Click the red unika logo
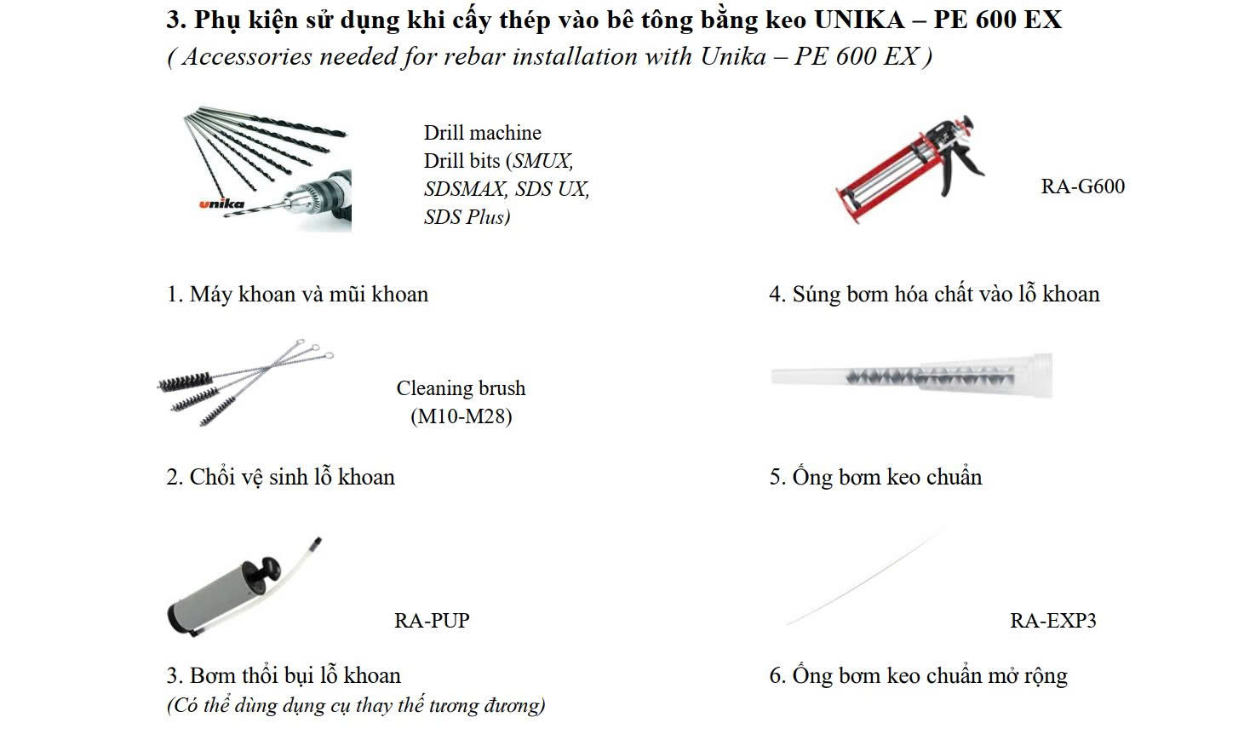pyautogui.click(x=221, y=204)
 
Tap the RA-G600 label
pyautogui.click(x=1082, y=186)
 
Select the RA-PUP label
pyautogui.click(x=432, y=620)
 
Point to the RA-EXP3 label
pyautogui.click(x=1053, y=620)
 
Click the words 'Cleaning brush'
pyautogui.click(x=461, y=387)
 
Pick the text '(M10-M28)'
pyautogui.click(x=461, y=416)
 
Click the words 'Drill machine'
pyautogui.click(x=482, y=133)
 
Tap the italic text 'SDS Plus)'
pyautogui.click(x=467, y=216)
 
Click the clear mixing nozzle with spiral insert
pyautogui.click(x=912, y=376)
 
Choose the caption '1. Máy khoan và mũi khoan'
pyautogui.click(x=298, y=294)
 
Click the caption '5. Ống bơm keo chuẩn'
pyautogui.click(x=876, y=476)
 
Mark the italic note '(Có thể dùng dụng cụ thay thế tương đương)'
pyautogui.click(x=356, y=705)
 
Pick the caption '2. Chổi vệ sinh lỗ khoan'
pyautogui.click(x=280, y=477)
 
